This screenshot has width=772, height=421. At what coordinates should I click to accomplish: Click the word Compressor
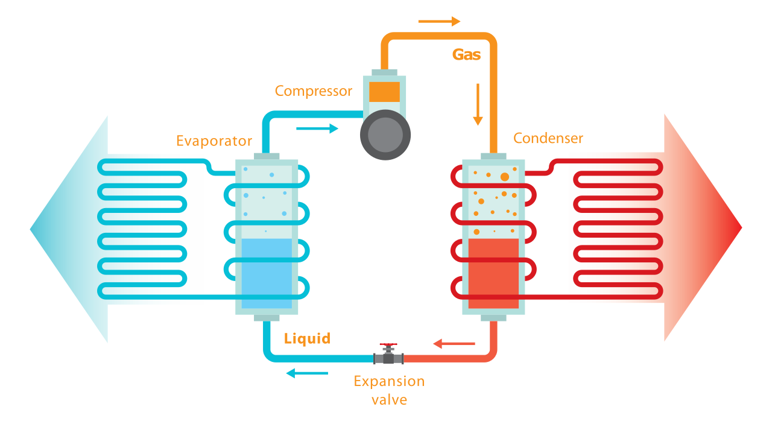pyautogui.click(x=313, y=91)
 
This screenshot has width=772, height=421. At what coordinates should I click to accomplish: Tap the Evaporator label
pyautogui.click(x=214, y=141)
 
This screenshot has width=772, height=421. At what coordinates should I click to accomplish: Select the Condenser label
pyautogui.click(x=548, y=138)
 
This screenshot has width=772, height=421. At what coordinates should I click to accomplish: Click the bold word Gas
pyautogui.click(x=466, y=54)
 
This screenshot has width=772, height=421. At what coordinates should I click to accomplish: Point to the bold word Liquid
pyautogui.click(x=307, y=338)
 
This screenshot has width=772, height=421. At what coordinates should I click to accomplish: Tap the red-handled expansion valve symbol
pyautogui.click(x=388, y=355)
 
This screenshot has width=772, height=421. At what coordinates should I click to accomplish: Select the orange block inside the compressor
pyautogui.click(x=384, y=92)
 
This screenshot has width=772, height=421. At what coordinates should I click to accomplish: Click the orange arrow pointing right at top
pyautogui.click(x=439, y=22)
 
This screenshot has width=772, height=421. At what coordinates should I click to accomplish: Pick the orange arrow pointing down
pyautogui.click(x=478, y=104)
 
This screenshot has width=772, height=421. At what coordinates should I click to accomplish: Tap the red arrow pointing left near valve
pyautogui.click(x=454, y=344)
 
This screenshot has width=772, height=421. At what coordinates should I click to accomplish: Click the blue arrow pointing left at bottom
pyautogui.click(x=307, y=373)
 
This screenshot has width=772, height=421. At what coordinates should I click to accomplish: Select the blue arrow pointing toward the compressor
pyautogui.click(x=317, y=128)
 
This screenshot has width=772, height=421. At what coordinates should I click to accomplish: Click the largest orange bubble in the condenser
pyautogui.click(x=504, y=176)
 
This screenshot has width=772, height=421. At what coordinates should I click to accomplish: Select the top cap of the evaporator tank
pyautogui.click(x=266, y=156)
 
